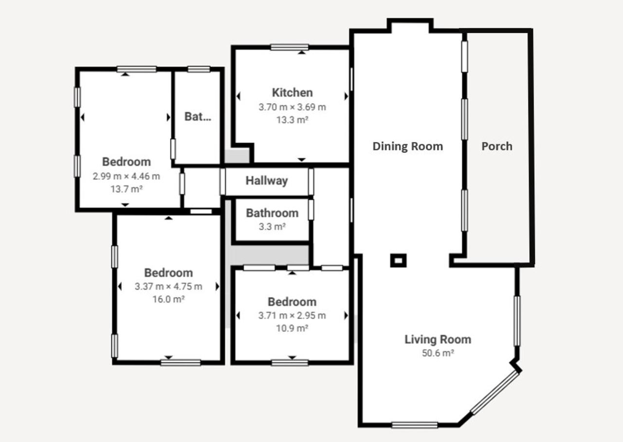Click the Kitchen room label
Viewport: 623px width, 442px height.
pyautogui.click(x=293, y=92)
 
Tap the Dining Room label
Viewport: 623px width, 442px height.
pyautogui.click(x=408, y=147)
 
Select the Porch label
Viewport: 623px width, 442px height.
pyautogui.click(x=497, y=147)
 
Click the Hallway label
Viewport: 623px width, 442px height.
pyautogui.click(x=267, y=181)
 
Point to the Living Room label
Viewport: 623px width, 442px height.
pyautogui.click(x=438, y=339)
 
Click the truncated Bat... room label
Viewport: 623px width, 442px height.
pyautogui.click(x=198, y=116)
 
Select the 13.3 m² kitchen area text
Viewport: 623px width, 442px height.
pyautogui.click(x=293, y=120)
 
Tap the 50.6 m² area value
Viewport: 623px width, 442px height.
pyautogui.click(x=438, y=353)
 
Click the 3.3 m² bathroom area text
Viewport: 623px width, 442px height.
pyautogui.click(x=272, y=226)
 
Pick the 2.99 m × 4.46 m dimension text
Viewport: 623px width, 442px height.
pyautogui.click(x=127, y=176)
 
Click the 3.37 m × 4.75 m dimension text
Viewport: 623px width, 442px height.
pyautogui.click(x=168, y=286)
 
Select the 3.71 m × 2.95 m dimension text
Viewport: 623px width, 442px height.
pyautogui.click(x=292, y=315)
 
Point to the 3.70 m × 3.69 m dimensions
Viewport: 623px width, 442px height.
pyautogui.click(x=293, y=107)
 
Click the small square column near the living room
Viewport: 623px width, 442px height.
pyautogui.click(x=398, y=260)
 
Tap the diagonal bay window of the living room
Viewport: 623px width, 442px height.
pyautogui.click(x=495, y=393)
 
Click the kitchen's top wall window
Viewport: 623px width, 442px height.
pyautogui.click(x=290, y=47)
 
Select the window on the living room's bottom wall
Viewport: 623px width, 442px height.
pyautogui.click(x=415, y=425)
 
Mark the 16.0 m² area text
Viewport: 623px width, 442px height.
pyautogui.click(x=168, y=299)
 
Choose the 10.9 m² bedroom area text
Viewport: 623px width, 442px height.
pyautogui.click(x=292, y=329)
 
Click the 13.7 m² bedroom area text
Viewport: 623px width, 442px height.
pyautogui.click(x=127, y=189)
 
